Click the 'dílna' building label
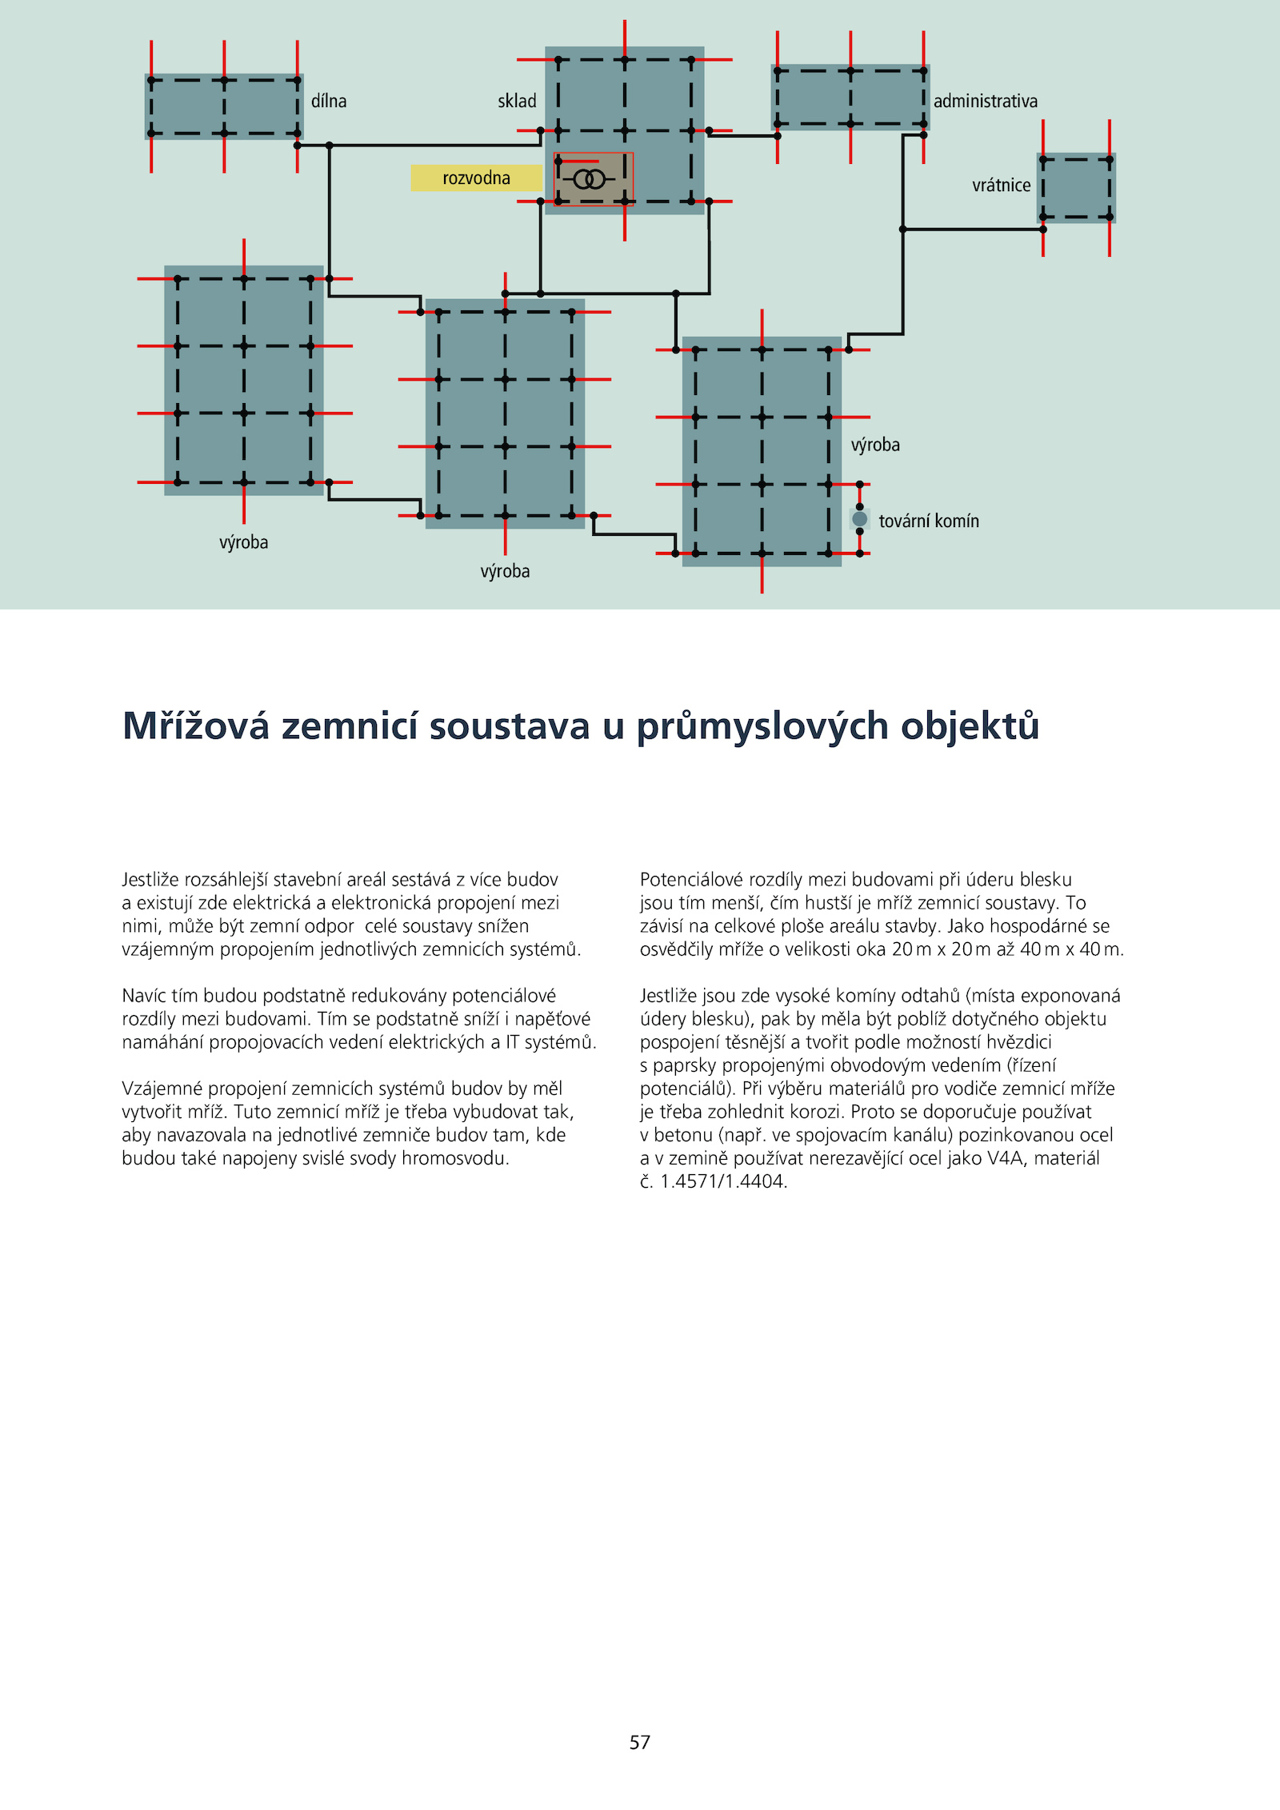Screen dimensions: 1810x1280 click(x=329, y=102)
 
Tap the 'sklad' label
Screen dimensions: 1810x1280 click(x=517, y=102)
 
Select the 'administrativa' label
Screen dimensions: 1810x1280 click(x=985, y=102)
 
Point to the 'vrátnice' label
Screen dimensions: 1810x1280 click(x=1001, y=186)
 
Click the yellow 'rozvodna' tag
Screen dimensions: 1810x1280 click(x=476, y=178)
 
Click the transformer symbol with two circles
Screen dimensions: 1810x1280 click(x=590, y=179)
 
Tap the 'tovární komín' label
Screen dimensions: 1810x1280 click(x=928, y=521)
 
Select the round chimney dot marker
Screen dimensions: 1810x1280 click(x=860, y=519)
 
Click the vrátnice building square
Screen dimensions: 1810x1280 click(x=1076, y=188)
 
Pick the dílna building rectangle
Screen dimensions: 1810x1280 click(x=224, y=107)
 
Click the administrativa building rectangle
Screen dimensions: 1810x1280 click(x=850, y=98)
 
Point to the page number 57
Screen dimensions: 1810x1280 click(x=640, y=1742)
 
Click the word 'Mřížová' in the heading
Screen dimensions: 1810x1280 click(x=196, y=726)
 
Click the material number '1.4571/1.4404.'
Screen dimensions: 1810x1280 click(x=723, y=1181)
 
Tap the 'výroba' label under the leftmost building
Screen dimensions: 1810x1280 click(x=244, y=542)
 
